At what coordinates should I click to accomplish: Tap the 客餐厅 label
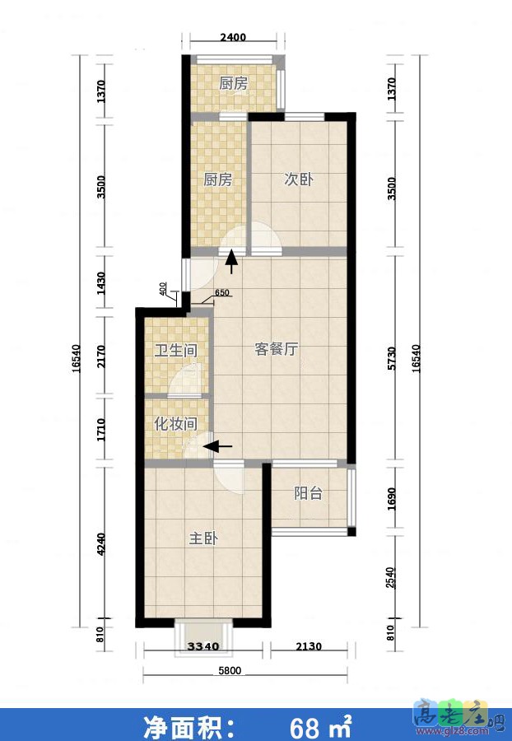point(276,349)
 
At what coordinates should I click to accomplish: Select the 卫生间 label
point(176,351)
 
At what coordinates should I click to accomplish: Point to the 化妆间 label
point(176,424)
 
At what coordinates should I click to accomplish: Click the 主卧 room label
point(203,538)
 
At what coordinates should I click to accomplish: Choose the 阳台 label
point(308,494)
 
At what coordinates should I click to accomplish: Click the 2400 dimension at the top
point(233,37)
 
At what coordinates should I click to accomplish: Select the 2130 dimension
point(309,646)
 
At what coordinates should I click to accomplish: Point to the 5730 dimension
point(392,361)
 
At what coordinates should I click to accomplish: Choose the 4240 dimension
point(101,547)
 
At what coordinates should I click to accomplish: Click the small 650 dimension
point(221,292)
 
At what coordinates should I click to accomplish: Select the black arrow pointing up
point(232,261)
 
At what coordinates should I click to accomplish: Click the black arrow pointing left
point(217,446)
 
